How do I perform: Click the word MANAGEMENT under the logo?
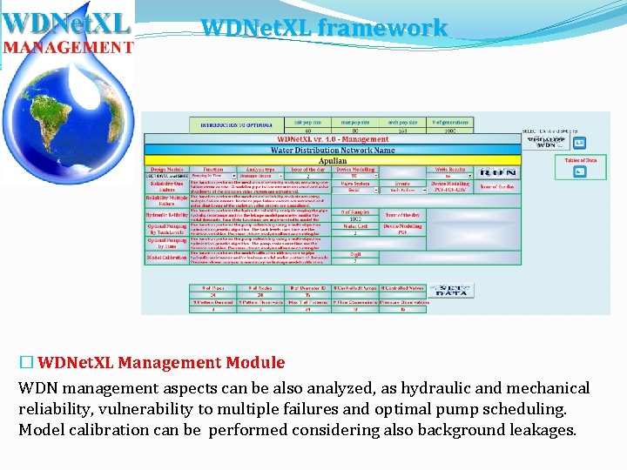tap(67, 45)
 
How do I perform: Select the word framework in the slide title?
tap(382, 28)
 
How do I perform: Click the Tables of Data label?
tap(581, 160)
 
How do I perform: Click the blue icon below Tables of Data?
tap(578, 172)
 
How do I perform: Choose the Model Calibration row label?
tap(166, 258)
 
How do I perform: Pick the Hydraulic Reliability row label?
tap(166, 214)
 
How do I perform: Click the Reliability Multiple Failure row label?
tap(166, 199)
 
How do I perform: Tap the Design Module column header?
tap(166, 170)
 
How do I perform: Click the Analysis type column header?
tap(261, 170)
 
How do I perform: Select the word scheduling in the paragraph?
tap(522, 409)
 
